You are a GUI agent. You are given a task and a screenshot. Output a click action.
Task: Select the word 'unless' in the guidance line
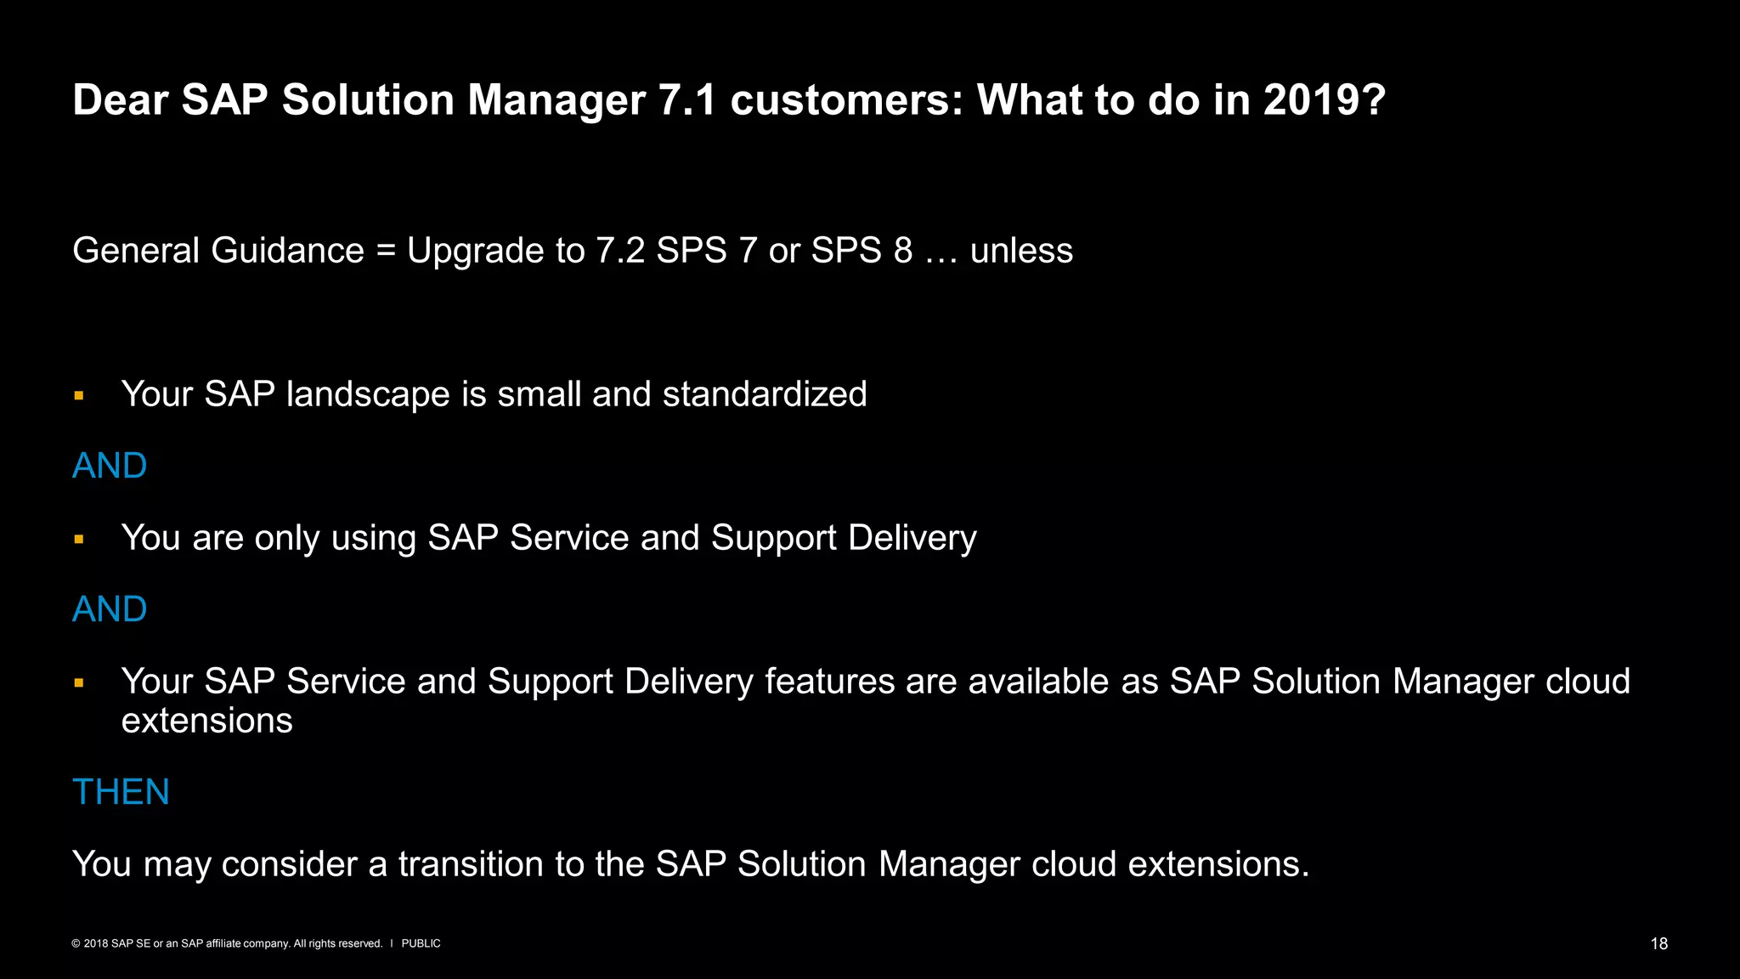tap(1021, 251)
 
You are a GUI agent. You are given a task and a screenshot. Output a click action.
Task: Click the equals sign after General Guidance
tap(386, 252)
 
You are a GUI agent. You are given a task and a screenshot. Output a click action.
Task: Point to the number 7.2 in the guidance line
tap(620, 251)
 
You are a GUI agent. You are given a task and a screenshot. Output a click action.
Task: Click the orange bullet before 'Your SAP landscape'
tap(79, 395)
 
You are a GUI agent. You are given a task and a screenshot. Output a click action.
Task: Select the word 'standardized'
tap(765, 394)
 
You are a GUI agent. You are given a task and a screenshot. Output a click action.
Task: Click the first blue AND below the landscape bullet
tap(110, 466)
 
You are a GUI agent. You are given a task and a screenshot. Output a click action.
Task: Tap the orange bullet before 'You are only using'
tap(79, 539)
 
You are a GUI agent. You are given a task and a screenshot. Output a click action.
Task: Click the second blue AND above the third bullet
tap(110, 609)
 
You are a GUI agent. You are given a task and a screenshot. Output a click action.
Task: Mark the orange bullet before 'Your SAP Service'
tap(79, 682)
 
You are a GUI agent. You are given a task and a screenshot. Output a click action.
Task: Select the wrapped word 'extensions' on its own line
tap(206, 721)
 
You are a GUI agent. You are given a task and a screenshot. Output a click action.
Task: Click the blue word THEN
tap(121, 792)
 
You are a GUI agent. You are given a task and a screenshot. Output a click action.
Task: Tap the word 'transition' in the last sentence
tap(471, 864)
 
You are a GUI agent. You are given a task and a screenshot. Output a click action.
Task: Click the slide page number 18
tap(1658, 944)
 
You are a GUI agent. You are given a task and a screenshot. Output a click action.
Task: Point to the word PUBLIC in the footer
tap(421, 944)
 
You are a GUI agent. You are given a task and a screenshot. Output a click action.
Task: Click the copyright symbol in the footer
tap(76, 944)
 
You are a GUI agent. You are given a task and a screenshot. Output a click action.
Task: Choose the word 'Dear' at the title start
tap(120, 100)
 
